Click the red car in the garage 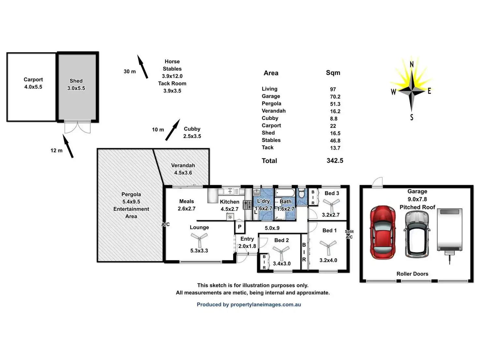click(x=382, y=232)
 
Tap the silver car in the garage click(x=417, y=234)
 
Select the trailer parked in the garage click(x=450, y=230)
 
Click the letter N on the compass click(x=412, y=64)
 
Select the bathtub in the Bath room click(x=285, y=192)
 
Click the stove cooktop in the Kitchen click(x=247, y=205)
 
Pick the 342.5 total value click(x=335, y=160)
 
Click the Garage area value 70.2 click(x=335, y=97)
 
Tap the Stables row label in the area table click(x=271, y=140)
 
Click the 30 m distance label click(x=129, y=71)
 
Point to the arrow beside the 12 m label click(x=68, y=146)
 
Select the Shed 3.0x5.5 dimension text click(x=76, y=88)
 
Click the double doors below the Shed click(x=77, y=127)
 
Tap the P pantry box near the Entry click(x=240, y=227)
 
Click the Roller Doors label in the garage click(x=412, y=274)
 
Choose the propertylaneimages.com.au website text click(x=265, y=305)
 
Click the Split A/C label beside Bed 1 click(x=349, y=234)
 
